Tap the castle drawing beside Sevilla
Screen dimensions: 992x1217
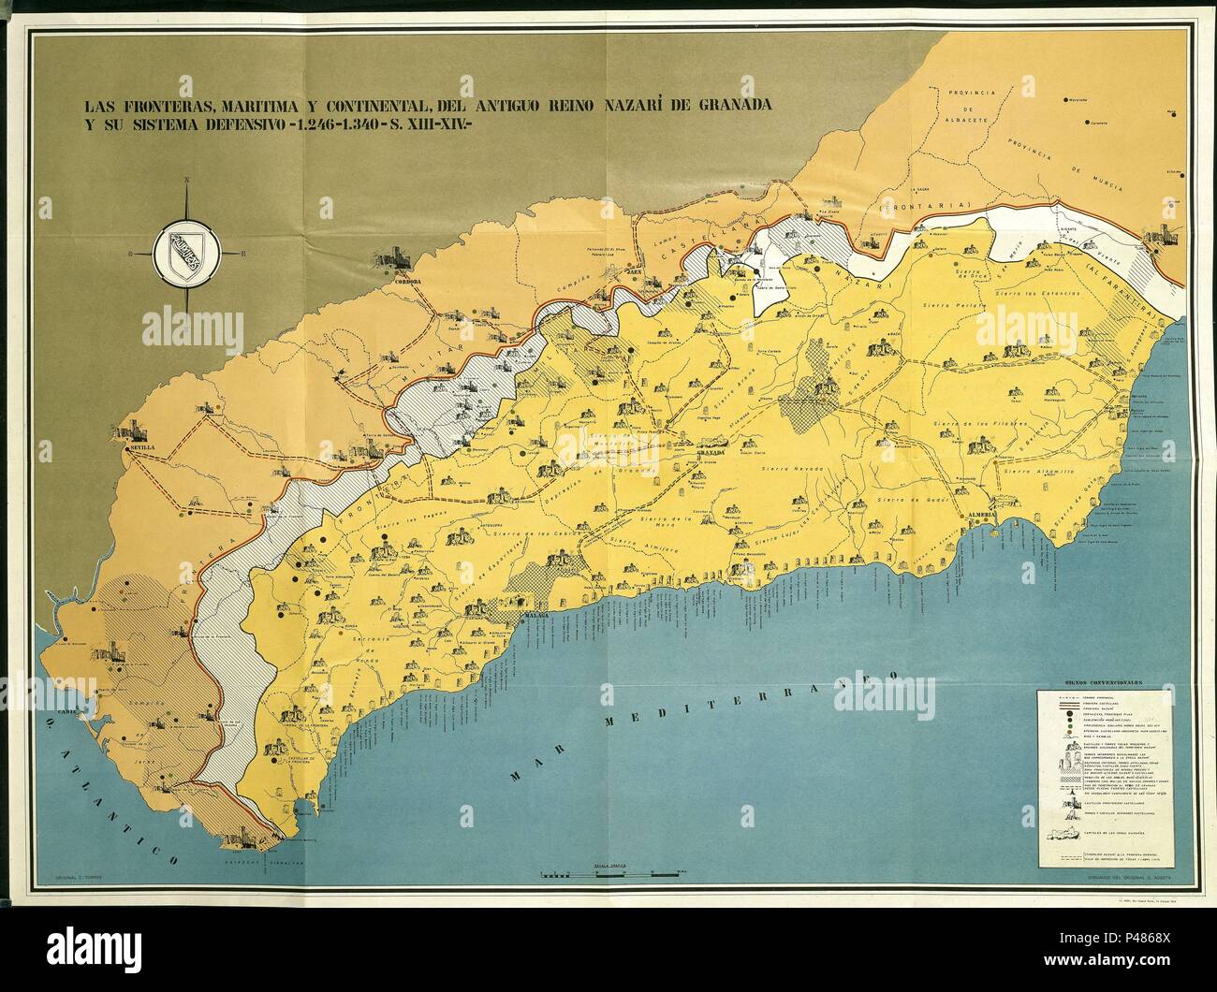click(135, 431)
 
